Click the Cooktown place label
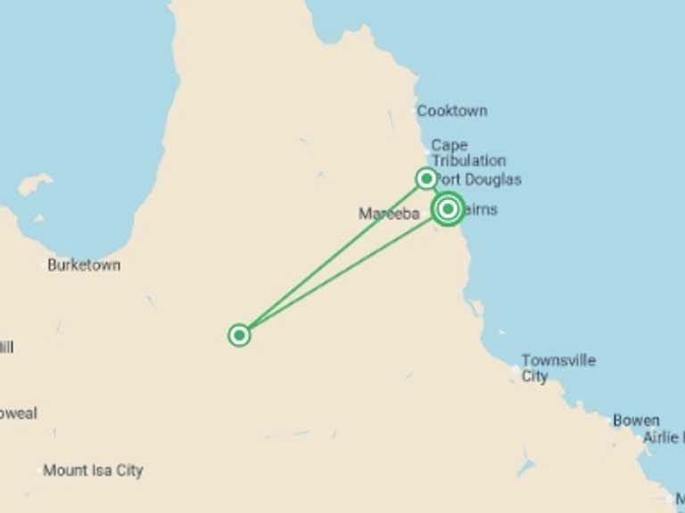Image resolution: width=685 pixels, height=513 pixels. click(x=452, y=111)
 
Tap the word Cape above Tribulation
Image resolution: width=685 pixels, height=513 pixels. click(x=449, y=145)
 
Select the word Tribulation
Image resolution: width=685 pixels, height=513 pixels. click(x=468, y=161)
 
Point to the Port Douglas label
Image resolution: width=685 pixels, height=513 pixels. click(x=479, y=180)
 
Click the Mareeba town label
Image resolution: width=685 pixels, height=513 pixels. click(x=389, y=214)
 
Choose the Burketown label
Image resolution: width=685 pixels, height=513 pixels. click(x=84, y=265)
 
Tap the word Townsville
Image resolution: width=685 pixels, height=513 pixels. click(x=558, y=361)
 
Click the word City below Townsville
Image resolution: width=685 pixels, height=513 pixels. click(x=534, y=377)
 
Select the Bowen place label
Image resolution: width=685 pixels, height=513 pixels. click(x=636, y=420)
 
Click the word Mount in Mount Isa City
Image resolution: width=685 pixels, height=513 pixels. click(x=65, y=470)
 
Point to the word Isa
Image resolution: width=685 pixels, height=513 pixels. click(x=103, y=470)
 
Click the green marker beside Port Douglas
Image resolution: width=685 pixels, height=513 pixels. click(x=426, y=178)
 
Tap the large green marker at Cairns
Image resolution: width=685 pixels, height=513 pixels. click(x=448, y=208)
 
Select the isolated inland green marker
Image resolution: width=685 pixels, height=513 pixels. click(x=239, y=335)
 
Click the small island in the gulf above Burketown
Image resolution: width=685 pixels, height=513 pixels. click(x=34, y=184)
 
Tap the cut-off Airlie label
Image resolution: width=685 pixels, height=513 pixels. click(x=663, y=438)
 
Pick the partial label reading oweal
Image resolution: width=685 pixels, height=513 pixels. click(x=19, y=413)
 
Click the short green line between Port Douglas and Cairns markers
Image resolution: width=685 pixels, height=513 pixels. click(x=437, y=192)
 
